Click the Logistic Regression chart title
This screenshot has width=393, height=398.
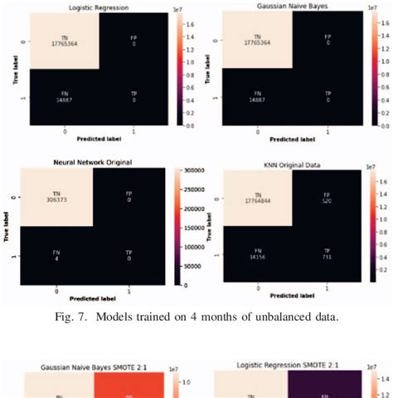pos(66,7)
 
